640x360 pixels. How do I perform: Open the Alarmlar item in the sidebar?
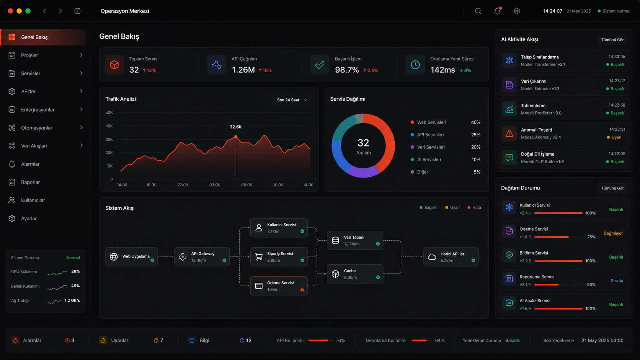tap(30, 164)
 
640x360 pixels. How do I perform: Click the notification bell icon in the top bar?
tap(498, 11)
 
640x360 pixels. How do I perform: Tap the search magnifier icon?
tap(478, 11)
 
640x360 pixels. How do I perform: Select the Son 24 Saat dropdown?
tap(292, 99)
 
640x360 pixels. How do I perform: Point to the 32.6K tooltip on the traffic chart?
tap(236, 127)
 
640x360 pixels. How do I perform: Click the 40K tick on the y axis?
tap(109, 126)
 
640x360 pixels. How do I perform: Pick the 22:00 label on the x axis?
tap(183, 185)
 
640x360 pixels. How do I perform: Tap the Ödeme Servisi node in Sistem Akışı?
tap(279, 286)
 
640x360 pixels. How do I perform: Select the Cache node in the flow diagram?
tap(355, 274)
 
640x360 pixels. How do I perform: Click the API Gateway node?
tap(202, 257)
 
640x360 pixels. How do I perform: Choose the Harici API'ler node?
tap(451, 257)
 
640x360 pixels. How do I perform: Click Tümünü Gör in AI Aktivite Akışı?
tap(612, 40)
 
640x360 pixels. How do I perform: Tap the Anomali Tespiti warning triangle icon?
tap(509, 133)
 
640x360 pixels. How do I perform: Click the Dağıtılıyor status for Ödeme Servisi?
tap(613, 233)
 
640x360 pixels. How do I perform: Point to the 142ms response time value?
tap(442, 70)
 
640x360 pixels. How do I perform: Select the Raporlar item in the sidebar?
tap(30, 182)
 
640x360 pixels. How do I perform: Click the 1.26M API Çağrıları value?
tap(243, 70)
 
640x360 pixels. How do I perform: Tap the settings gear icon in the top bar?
tap(517, 11)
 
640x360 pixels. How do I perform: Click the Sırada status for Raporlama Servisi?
tap(617, 281)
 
